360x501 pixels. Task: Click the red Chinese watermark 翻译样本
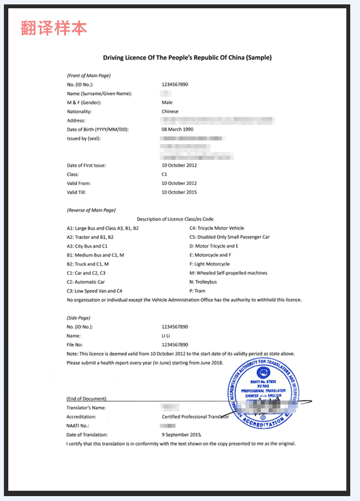(x=54, y=28)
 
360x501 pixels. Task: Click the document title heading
(x=187, y=58)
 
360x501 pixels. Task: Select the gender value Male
(x=167, y=102)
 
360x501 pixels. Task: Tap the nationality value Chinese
(x=170, y=112)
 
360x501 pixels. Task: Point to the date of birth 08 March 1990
(x=178, y=130)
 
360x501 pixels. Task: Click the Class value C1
(x=164, y=174)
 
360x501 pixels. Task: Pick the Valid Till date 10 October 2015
(x=179, y=192)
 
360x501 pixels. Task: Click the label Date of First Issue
(x=86, y=165)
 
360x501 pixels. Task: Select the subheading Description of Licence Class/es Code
(x=175, y=219)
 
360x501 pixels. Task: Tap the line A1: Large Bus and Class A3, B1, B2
(x=103, y=228)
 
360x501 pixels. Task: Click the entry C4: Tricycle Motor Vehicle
(x=217, y=228)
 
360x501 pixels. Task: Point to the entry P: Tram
(x=198, y=291)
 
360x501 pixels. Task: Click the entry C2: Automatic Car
(x=86, y=282)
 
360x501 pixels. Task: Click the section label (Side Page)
(x=79, y=318)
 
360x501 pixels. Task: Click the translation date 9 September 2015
(x=181, y=435)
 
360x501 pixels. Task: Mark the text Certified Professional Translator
(x=195, y=417)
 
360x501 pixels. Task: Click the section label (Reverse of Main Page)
(x=91, y=210)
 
